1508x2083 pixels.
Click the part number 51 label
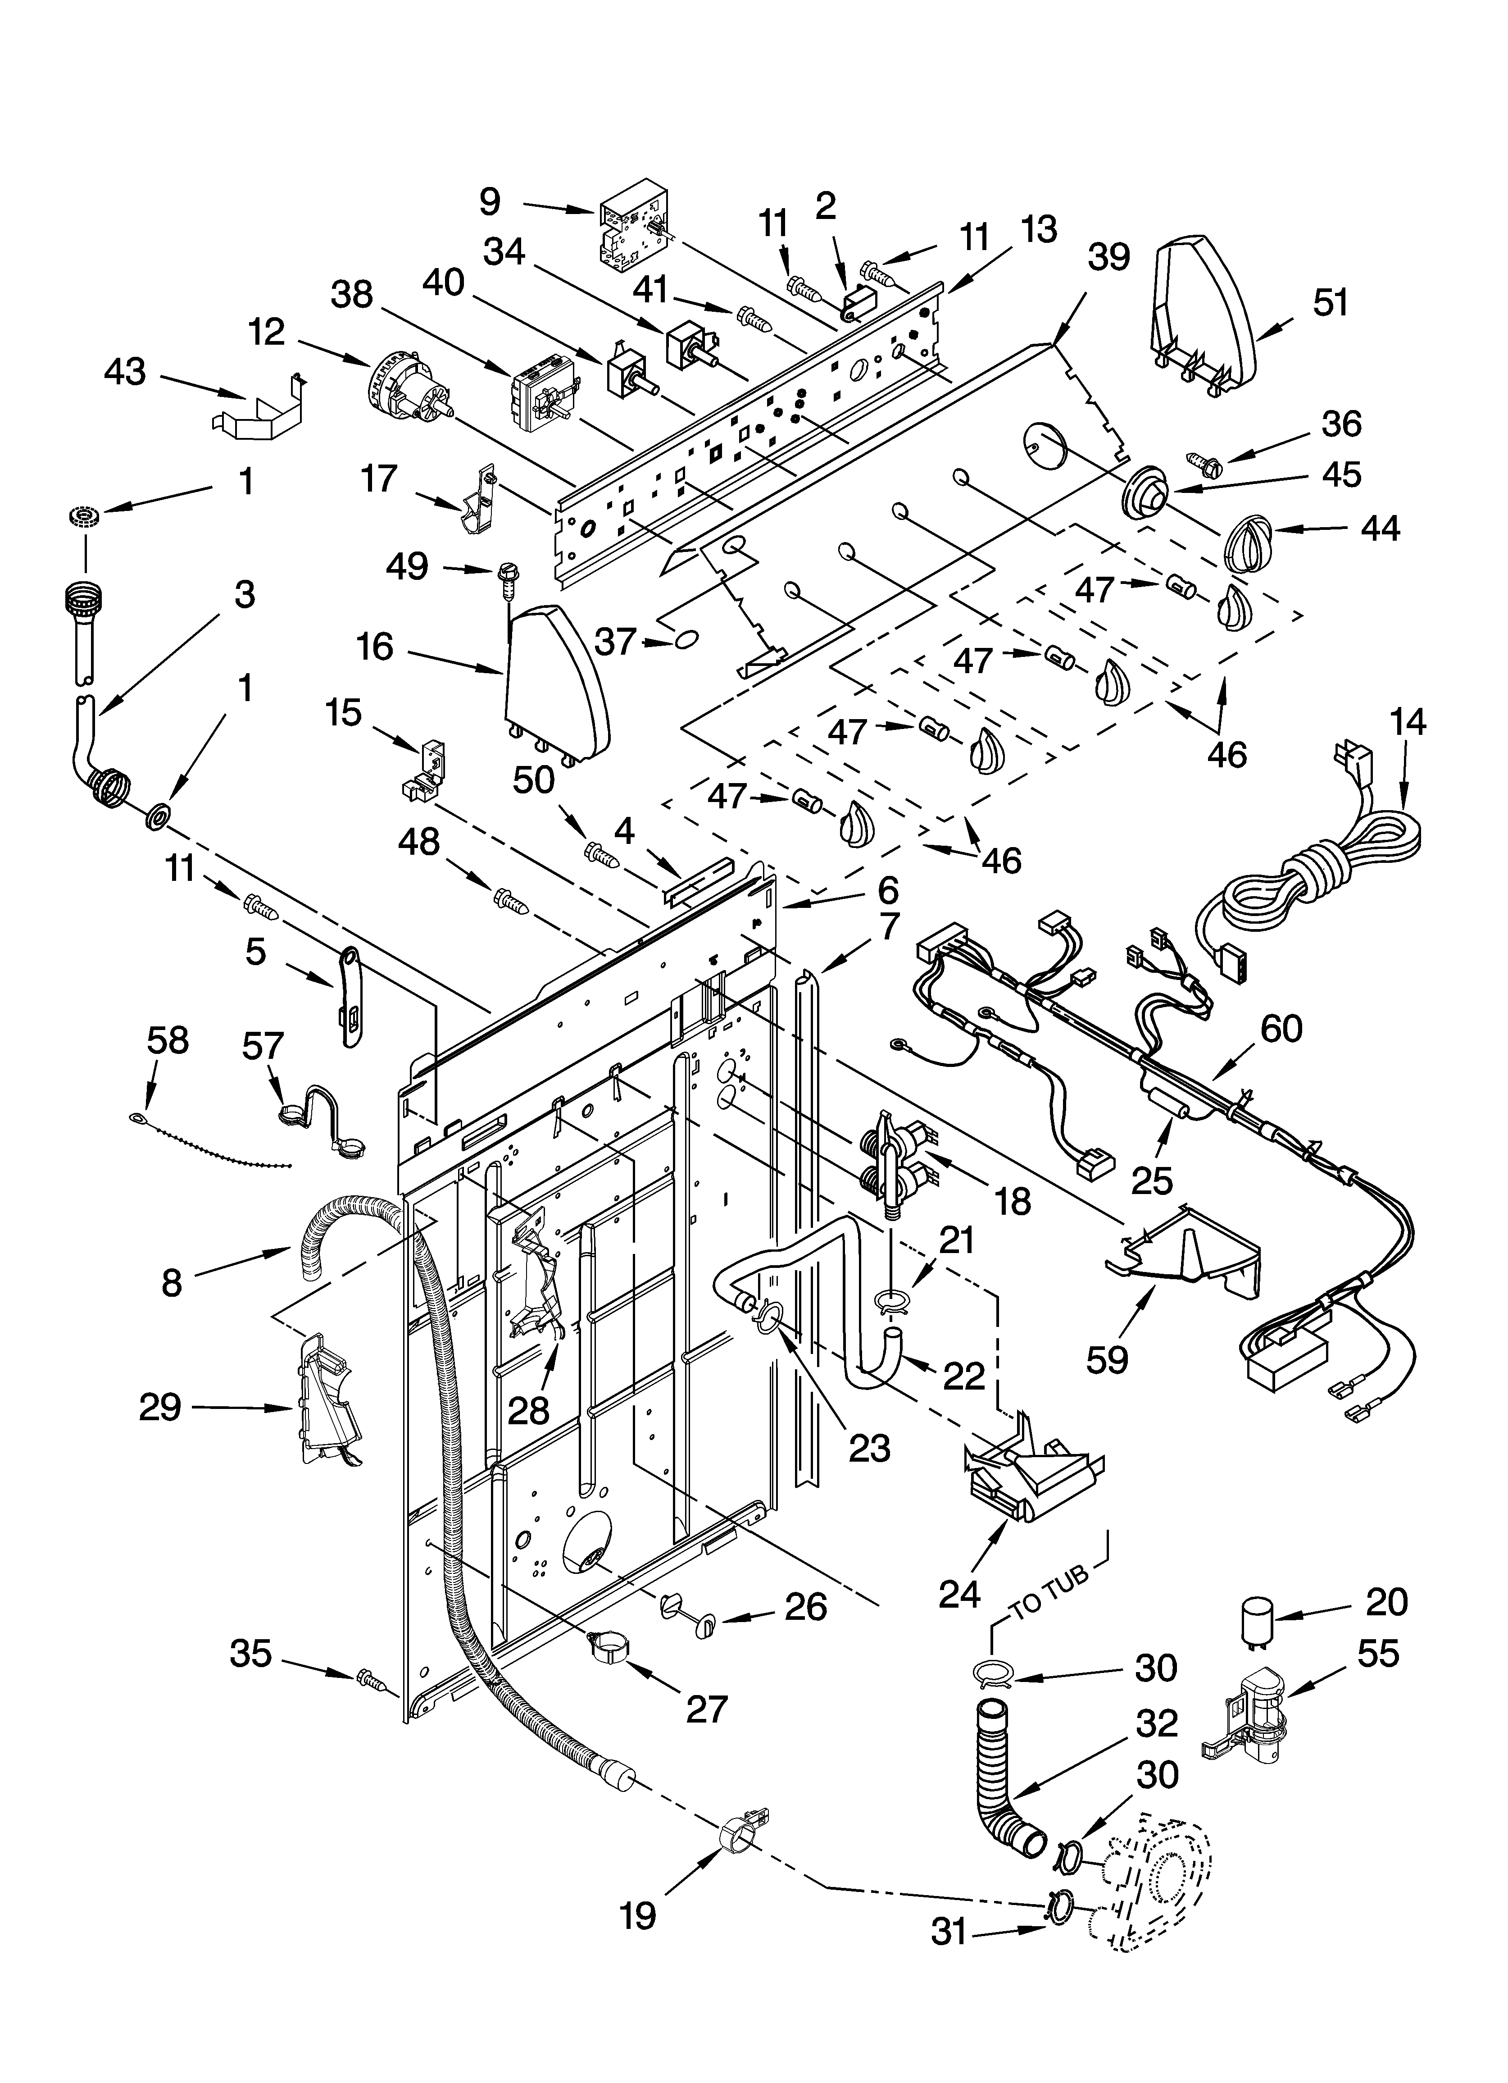pos(1331,302)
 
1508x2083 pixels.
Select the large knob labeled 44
pos(1247,544)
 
